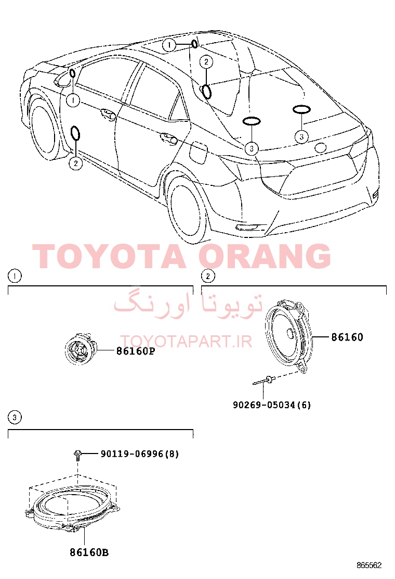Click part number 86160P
click(x=135, y=351)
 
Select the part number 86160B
click(x=89, y=553)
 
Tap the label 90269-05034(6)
click(x=272, y=405)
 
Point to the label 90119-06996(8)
click(x=140, y=454)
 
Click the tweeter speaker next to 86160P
click(x=81, y=348)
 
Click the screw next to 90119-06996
click(x=78, y=455)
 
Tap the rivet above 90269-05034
click(x=265, y=380)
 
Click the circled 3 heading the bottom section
click(x=15, y=418)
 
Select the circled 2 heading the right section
click(x=208, y=276)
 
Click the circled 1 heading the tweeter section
click(x=15, y=276)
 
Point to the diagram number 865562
click(x=369, y=565)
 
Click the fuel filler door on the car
click(x=199, y=153)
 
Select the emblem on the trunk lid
click(x=321, y=147)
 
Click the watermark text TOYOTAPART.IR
click(x=187, y=342)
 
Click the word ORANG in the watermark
click(x=265, y=256)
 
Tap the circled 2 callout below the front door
click(x=75, y=163)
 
